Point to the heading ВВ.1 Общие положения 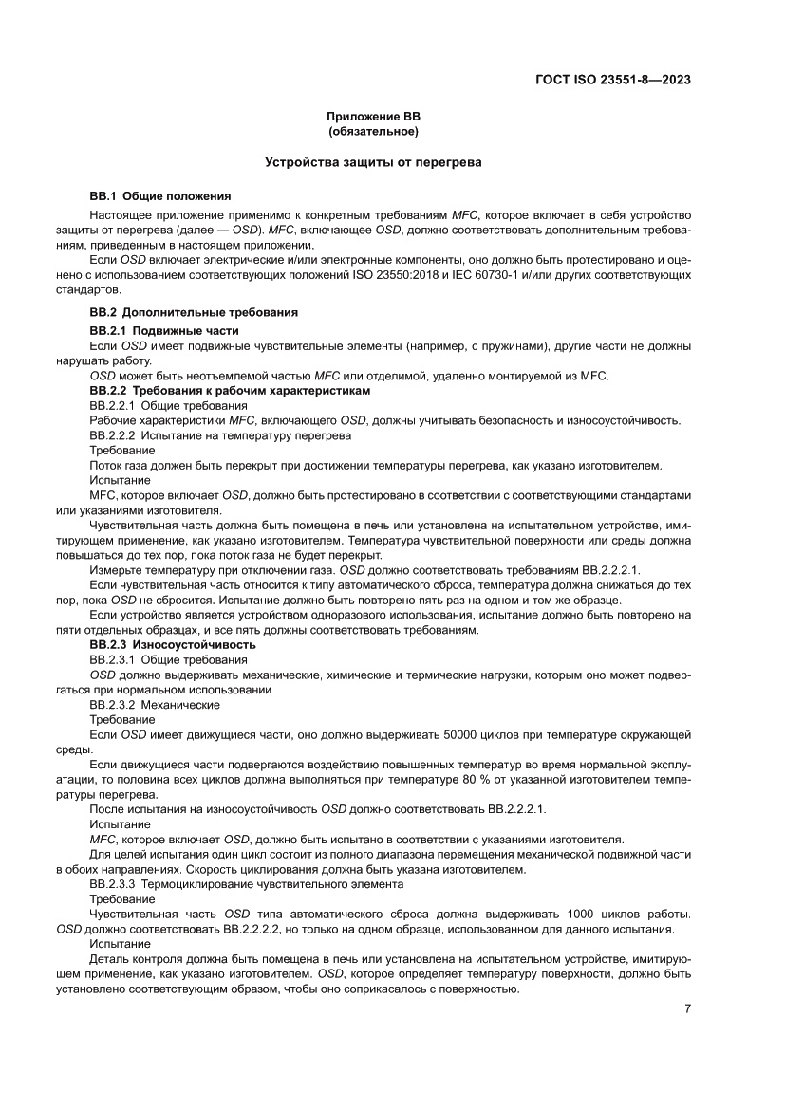[x=159, y=196]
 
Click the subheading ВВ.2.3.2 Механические [x=155, y=705]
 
